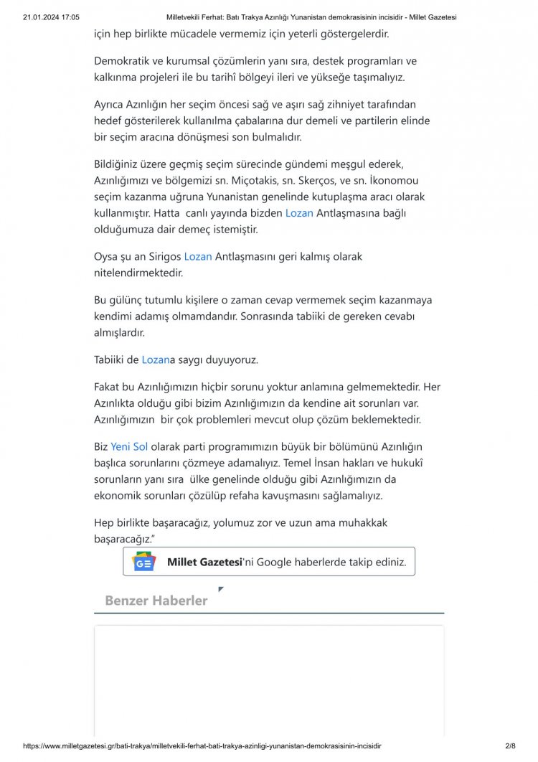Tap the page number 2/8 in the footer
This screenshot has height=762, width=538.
(x=511, y=747)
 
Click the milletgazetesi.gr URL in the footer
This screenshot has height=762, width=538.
(x=202, y=747)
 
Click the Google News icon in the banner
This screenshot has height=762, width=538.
(x=144, y=563)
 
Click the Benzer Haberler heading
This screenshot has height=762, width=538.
(x=156, y=601)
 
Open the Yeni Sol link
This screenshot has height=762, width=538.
(x=129, y=446)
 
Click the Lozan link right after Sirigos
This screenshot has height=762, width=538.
(x=198, y=255)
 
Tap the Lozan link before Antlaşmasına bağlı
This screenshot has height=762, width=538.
(x=299, y=213)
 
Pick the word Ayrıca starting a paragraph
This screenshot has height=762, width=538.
(x=110, y=105)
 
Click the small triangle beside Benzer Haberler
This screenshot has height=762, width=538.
(x=221, y=589)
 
